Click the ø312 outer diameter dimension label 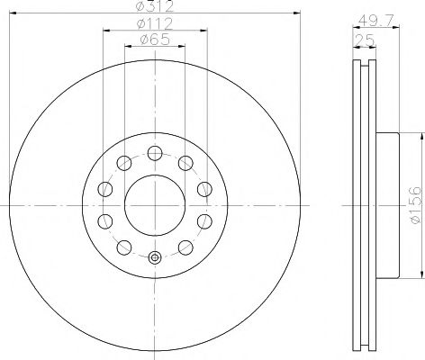[155, 6]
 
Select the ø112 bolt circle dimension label [155, 23]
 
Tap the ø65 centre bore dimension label [155, 40]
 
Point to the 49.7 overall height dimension [375, 21]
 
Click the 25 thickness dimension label [365, 40]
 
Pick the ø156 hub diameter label [416, 205]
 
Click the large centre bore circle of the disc [155, 205]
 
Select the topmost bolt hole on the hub [155, 153]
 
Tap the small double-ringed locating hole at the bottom [155, 257]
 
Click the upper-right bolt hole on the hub [185, 163]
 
